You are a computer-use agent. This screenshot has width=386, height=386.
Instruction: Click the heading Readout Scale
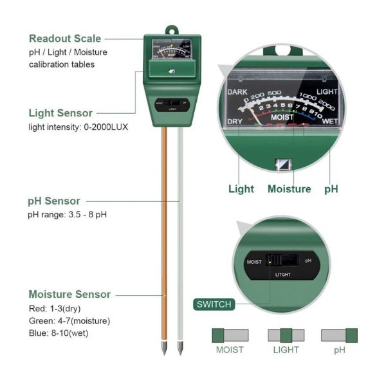click(65, 39)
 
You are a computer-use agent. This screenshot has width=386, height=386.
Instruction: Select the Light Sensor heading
click(60, 113)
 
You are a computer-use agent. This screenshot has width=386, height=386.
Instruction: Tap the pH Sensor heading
click(54, 201)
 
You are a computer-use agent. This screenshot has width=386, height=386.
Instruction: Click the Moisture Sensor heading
click(69, 294)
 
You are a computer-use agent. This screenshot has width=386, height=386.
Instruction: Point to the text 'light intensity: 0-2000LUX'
click(78, 127)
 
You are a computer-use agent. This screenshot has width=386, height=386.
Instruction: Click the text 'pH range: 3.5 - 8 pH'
click(67, 214)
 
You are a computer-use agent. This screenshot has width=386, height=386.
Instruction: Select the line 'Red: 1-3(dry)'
click(55, 308)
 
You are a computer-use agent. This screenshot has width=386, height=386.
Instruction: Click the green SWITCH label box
click(213, 304)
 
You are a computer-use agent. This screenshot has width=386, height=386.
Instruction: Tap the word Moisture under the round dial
click(289, 188)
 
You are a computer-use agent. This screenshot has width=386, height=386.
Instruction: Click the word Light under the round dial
click(241, 188)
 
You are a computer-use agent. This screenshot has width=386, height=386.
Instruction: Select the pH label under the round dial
click(331, 188)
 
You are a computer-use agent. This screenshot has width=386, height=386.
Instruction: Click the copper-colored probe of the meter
click(165, 238)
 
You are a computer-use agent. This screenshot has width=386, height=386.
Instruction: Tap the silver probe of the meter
click(180, 238)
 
